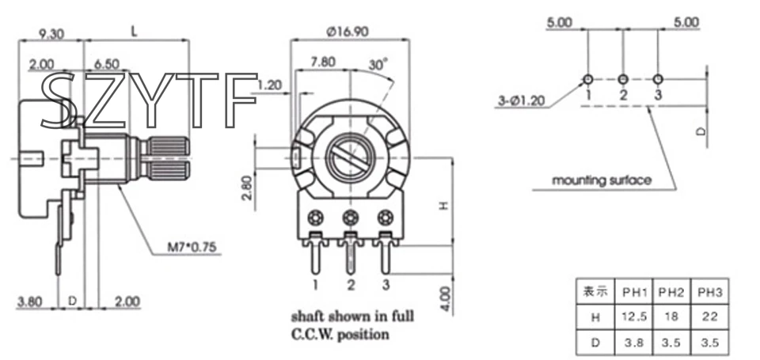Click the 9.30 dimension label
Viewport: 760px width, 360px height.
[x=51, y=33]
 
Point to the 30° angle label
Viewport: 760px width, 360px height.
[x=378, y=63]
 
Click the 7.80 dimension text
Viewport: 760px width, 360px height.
[x=323, y=61]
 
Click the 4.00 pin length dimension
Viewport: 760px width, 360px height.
[x=446, y=298]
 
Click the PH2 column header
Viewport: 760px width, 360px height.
[x=671, y=291]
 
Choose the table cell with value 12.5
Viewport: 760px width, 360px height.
[x=635, y=316]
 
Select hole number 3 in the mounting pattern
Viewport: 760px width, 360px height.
[x=659, y=79]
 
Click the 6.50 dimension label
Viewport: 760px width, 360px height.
[x=106, y=63]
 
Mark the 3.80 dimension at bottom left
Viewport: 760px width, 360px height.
[x=31, y=301]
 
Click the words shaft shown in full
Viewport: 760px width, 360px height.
[x=352, y=316]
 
